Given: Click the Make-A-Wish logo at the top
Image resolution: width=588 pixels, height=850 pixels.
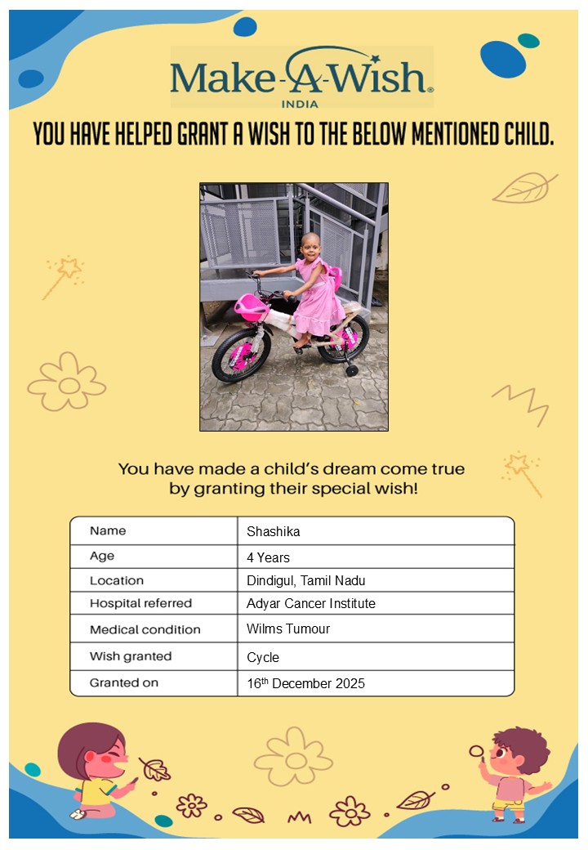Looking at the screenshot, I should [x=301, y=76].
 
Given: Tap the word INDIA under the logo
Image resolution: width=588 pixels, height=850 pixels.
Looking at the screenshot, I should [x=299, y=104].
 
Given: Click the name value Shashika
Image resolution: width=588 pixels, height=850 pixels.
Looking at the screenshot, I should [x=274, y=531].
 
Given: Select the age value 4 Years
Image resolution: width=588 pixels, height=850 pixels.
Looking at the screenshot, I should [x=268, y=557].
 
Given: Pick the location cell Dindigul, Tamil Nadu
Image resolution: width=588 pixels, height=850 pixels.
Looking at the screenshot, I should [x=305, y=580].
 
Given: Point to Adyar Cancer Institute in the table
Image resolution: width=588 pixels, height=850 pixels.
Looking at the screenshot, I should [x=310, y=603].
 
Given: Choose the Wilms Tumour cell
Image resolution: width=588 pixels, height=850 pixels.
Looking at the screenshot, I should [x=288, y=629].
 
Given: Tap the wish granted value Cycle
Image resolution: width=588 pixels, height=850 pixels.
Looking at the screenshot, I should [x=263, y=657].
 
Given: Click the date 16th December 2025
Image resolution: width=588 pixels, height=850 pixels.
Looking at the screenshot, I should [x=305, y=683].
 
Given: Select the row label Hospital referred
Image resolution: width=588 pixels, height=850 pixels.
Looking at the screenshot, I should [x=140, y=603].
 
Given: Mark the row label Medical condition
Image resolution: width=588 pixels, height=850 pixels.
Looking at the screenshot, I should [x=145, y=629].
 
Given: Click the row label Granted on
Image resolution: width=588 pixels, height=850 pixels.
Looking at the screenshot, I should [x=124, y=682].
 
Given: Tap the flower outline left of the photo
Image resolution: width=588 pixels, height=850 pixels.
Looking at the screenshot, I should [x=67, y=382].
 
